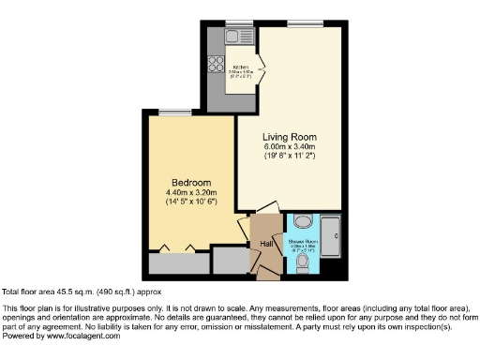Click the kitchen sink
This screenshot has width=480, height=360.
(x=232, y=39)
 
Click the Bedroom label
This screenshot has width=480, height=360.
(x=190, y=182)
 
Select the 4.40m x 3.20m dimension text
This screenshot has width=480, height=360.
(x=191, y=192)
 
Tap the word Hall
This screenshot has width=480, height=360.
(x=266, y=245)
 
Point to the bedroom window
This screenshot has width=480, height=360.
(x=170, y=113)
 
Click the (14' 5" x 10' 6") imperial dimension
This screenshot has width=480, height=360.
(x=191, y=202)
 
